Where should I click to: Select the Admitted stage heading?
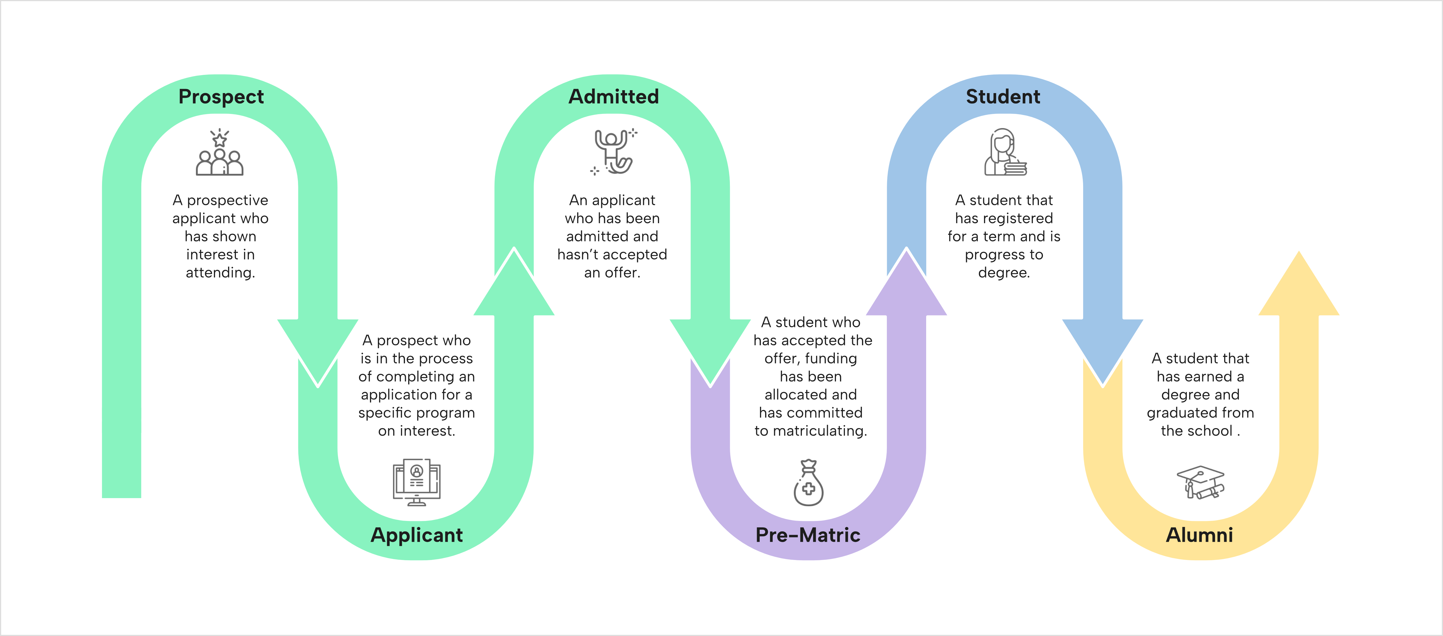tap(613, 96)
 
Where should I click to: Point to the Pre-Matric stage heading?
tap(808, 535)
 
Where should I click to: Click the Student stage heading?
tap(1003, 96)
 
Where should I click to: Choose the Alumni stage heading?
tap(1199, 535)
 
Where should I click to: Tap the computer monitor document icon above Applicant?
tap(417, 482)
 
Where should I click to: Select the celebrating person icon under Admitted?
tap(613, 151)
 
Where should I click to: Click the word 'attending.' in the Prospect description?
tap(220, 273)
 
